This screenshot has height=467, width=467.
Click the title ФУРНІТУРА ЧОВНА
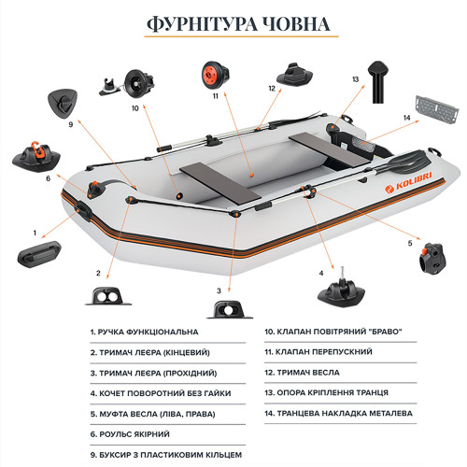pos(238,24)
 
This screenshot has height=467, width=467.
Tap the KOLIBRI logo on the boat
pos(408,183)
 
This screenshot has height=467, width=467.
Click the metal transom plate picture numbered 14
pos(437,108)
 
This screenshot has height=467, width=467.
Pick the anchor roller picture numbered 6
pos(36,157)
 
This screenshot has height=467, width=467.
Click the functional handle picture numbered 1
pos(39,254)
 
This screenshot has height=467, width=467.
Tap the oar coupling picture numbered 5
pos(432,259)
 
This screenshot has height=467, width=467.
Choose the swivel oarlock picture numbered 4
pos(341,288)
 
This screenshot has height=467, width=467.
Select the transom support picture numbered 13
pos(378,82)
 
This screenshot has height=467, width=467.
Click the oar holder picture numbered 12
pos(294,75)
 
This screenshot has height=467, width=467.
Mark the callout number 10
pos(135,108)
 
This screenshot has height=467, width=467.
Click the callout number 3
pos(219,290)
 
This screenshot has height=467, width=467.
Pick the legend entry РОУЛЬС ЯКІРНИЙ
pos(130,434)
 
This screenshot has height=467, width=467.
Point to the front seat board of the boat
pos(219,183)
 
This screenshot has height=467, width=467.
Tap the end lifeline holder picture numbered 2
pos(108,296)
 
